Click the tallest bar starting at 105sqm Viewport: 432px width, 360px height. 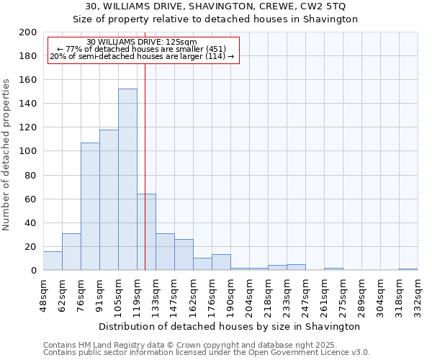pos(127,179)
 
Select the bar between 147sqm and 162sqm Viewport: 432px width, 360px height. pos(184,254)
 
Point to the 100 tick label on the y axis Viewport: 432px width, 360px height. pos(27,151)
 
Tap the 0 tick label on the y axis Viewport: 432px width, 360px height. pos(33,271)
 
